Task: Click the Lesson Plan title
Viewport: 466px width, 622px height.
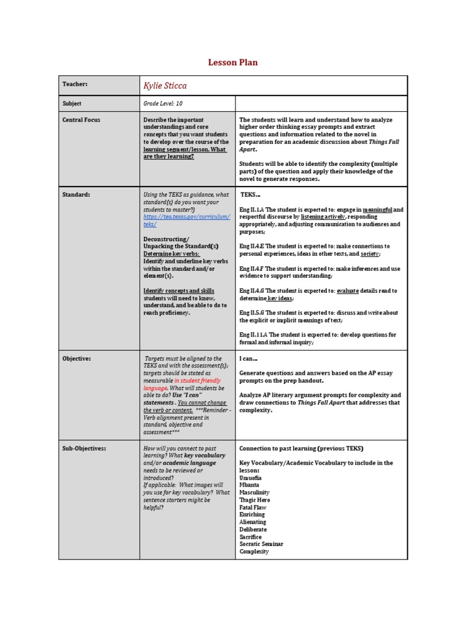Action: [x=233, y=62]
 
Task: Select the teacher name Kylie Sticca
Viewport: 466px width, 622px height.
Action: [x=166, y=86]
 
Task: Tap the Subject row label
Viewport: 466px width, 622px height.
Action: [x=72, y=104]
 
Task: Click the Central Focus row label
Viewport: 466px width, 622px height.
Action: [x=81, y=120]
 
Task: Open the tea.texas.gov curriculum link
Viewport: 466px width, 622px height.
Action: [x=186, y=220]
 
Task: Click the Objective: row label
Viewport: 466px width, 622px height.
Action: [x=76, y=358]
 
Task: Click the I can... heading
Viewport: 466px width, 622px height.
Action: [x=248, y=358]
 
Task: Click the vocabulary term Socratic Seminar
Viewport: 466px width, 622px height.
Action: [x=261, y=544]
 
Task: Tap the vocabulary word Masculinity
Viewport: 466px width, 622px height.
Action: [x=255, y=493]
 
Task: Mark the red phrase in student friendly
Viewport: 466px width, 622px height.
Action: [x=200, y=380]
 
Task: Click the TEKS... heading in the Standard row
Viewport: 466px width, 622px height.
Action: [x=250, y=194]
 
